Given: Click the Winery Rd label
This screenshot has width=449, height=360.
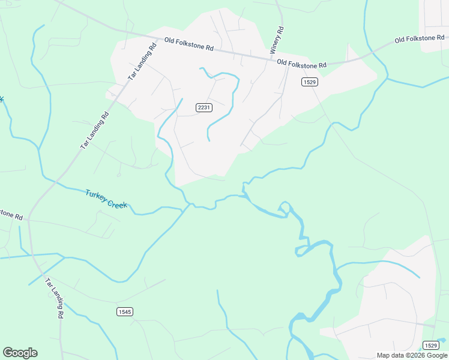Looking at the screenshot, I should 280,39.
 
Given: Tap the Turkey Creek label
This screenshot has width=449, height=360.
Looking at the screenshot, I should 106,199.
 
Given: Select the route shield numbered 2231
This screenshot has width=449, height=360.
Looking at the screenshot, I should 204,107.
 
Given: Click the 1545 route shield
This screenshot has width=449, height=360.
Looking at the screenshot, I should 124,311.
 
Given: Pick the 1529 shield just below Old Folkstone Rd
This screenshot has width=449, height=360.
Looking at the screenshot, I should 310,82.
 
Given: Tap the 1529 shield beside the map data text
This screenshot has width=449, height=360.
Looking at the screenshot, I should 430,345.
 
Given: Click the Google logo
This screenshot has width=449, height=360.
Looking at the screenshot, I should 20,353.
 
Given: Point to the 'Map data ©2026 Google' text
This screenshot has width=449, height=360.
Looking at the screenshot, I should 412,355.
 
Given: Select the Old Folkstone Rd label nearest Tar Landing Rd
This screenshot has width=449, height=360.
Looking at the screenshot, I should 189,44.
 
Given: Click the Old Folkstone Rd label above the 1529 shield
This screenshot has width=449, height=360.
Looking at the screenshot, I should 301,63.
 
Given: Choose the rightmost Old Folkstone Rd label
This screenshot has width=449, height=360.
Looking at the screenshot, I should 419,39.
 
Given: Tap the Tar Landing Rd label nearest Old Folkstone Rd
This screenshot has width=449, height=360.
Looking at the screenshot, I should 142,62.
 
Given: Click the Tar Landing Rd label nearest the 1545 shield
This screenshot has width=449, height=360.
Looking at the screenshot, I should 54,298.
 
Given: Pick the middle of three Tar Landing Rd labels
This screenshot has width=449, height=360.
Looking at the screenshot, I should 96,131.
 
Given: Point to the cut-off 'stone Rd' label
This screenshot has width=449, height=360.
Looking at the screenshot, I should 11,214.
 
